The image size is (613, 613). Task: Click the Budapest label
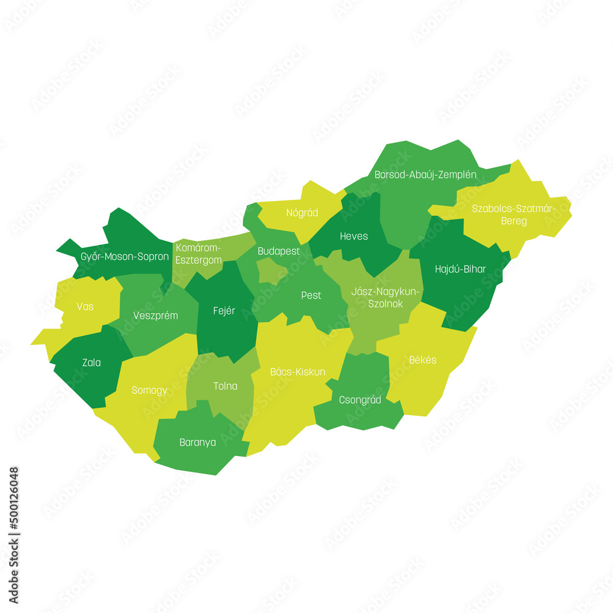278,251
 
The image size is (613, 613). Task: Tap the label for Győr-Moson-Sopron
124,256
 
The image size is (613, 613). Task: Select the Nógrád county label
302,213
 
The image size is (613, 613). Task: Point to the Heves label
354,236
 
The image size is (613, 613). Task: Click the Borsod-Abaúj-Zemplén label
425,175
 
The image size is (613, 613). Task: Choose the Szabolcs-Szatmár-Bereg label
514,215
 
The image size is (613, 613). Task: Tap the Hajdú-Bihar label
460,268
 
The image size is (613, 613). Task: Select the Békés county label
423,360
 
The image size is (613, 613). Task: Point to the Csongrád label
360,400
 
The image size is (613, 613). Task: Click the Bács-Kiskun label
298,371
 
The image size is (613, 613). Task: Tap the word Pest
311,295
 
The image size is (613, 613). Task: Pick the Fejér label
224,311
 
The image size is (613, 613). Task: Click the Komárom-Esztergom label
198,254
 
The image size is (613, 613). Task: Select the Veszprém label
156,316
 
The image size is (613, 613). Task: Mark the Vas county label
85,306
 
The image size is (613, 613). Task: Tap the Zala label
91,363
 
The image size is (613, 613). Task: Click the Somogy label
149,390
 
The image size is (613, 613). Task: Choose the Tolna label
225,386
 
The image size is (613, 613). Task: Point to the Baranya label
197,442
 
